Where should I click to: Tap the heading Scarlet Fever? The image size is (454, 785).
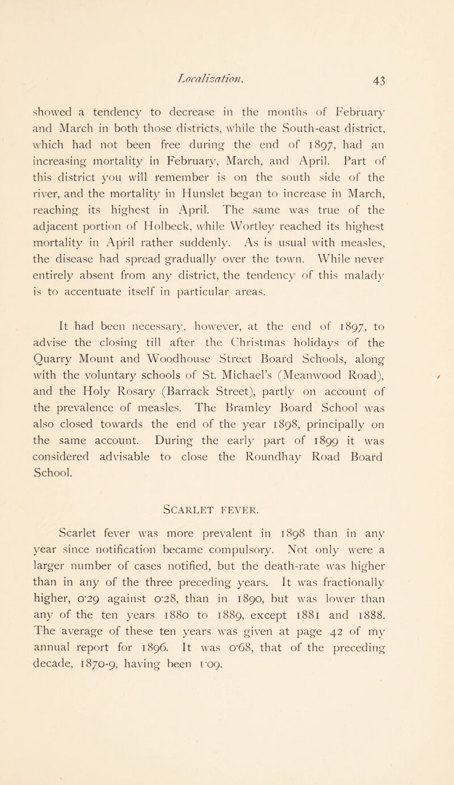(x=227, y=508)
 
